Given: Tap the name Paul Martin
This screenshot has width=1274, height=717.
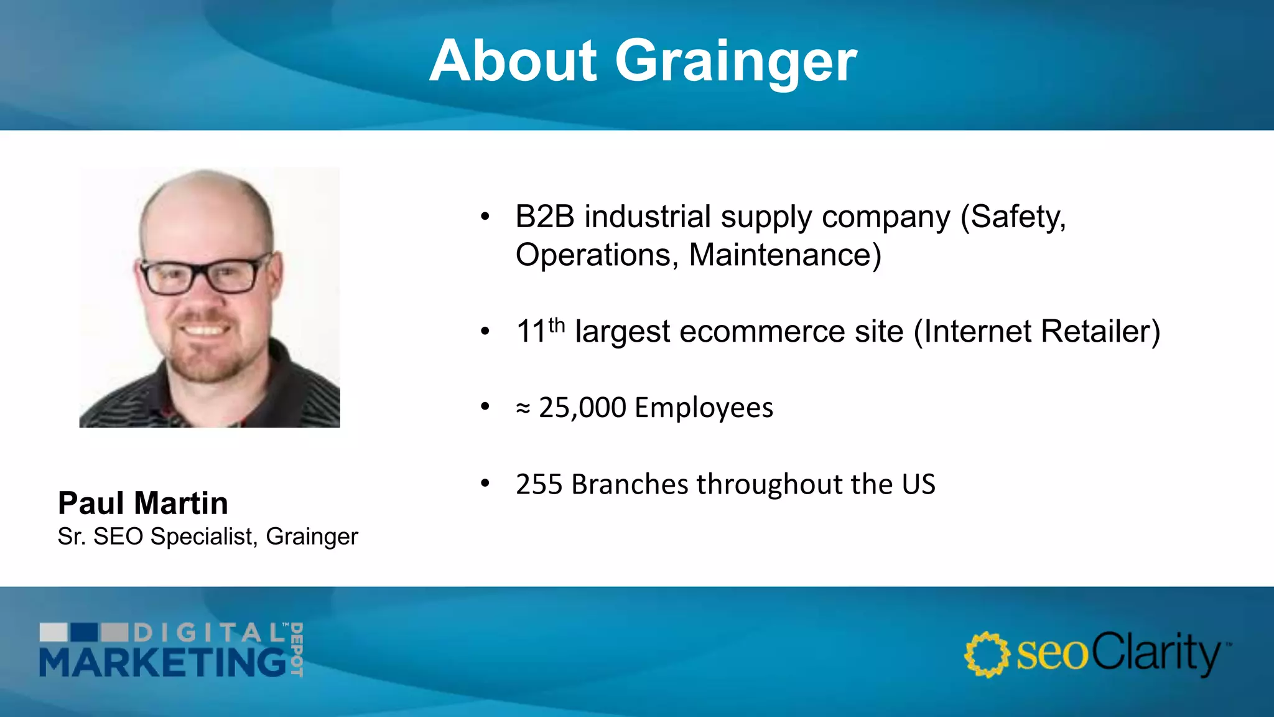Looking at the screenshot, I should [142, 503].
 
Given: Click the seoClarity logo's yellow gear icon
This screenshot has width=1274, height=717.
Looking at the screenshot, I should [987, 654].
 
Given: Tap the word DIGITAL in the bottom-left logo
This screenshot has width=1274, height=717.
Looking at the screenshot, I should [209, 633].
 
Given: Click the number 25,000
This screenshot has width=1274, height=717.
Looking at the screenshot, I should [582, 408].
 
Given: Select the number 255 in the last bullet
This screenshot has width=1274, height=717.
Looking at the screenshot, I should [539, 484].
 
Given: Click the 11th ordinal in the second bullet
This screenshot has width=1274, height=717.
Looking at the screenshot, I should [540, 330].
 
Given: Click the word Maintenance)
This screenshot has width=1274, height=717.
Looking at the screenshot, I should [785, 255].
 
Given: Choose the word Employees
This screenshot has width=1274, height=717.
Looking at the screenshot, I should [704, 408].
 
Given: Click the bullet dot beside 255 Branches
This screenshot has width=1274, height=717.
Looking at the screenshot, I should [485, 483].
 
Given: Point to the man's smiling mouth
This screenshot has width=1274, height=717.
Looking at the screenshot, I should [203, 330].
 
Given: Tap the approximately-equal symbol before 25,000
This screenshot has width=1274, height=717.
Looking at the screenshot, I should [523, 409].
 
